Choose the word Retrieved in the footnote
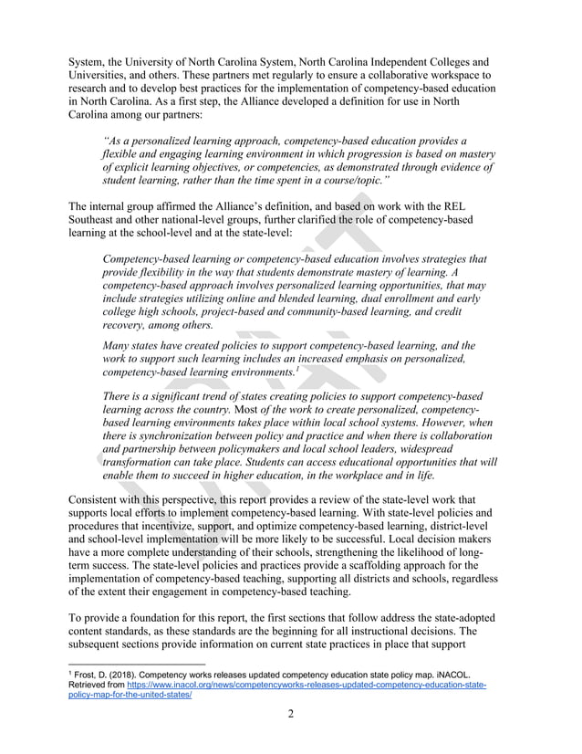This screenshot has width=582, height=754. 94,684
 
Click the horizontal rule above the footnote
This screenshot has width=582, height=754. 137,664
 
